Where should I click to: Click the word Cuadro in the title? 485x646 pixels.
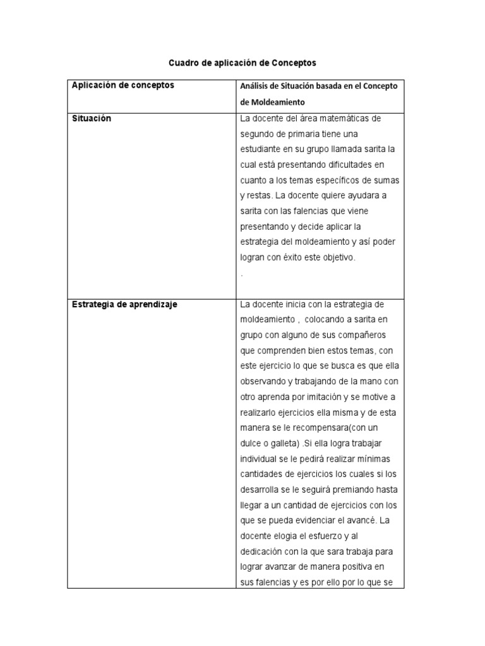[x=182, y=64]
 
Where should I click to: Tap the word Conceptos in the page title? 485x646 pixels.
[x=294, y=64]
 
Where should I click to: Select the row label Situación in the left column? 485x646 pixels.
[x=92, y=119]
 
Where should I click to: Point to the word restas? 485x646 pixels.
[x=259, y=196]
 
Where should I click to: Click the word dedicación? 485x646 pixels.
[x=263, y=551]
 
